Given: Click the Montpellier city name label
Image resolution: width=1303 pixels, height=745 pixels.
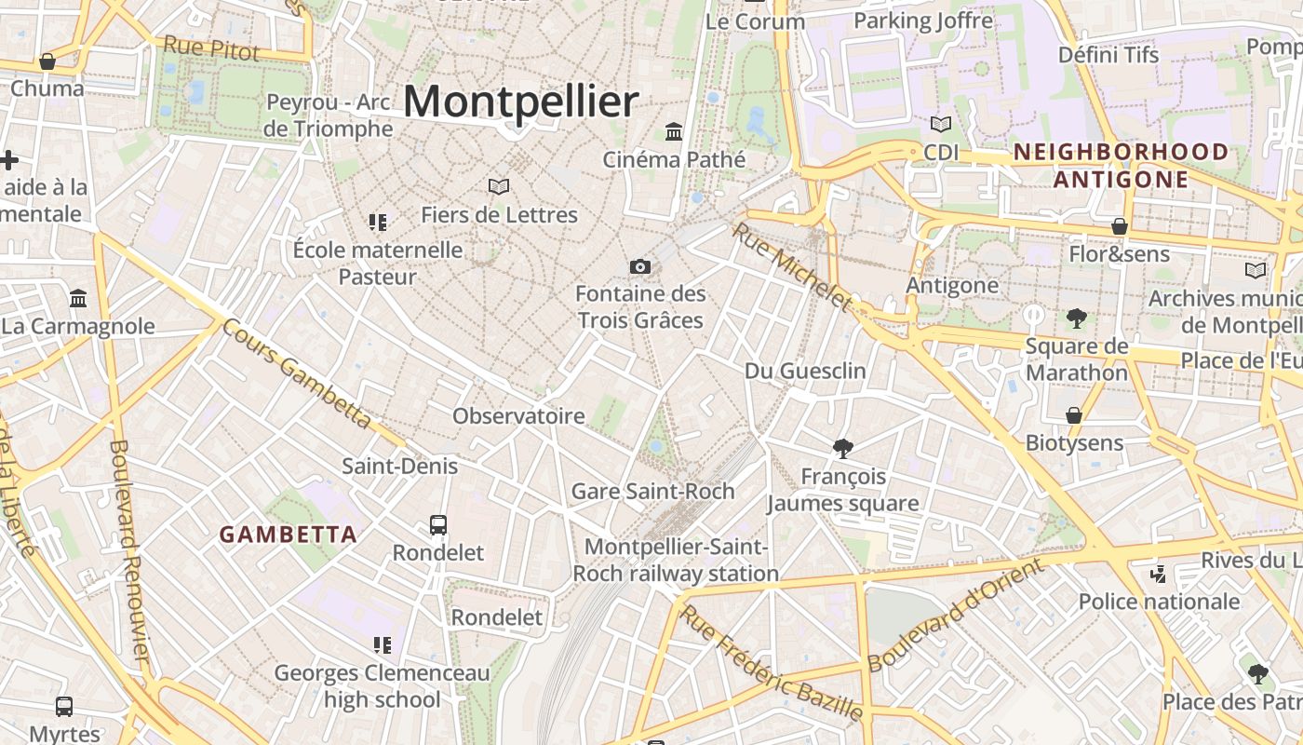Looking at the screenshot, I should (521, 101).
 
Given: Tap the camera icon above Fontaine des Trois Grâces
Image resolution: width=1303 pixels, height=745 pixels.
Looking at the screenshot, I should (639, 267).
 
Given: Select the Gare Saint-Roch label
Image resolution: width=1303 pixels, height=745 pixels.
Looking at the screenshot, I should (652, 491).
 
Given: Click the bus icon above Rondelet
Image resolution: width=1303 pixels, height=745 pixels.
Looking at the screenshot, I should (438, 525).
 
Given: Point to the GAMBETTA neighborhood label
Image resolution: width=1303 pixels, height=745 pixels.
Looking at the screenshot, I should (289, 535).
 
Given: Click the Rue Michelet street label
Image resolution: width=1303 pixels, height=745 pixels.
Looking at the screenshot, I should (792, 266).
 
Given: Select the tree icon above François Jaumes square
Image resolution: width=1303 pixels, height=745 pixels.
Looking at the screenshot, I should (843, 449).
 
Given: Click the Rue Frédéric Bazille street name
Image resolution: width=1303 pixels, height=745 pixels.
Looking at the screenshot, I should (771, 663).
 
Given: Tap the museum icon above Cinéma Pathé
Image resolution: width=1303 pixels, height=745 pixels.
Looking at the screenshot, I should (674, 132).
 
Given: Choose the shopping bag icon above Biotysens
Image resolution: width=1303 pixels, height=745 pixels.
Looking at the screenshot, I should (1074, 415).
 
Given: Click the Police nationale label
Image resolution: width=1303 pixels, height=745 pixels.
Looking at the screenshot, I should (1159, 602).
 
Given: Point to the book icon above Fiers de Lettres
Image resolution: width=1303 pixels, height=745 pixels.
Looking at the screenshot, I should (499, 187).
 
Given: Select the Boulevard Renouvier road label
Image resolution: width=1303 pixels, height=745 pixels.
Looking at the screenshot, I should (129, 549).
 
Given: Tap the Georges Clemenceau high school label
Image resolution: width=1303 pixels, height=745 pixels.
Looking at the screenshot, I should (382, 685).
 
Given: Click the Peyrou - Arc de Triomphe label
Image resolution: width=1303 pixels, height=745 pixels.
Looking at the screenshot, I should (329, 115).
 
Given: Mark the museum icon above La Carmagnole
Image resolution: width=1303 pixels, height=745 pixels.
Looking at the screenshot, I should (78, 299).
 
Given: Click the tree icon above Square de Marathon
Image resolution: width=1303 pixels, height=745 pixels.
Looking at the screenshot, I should (1077, 318).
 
